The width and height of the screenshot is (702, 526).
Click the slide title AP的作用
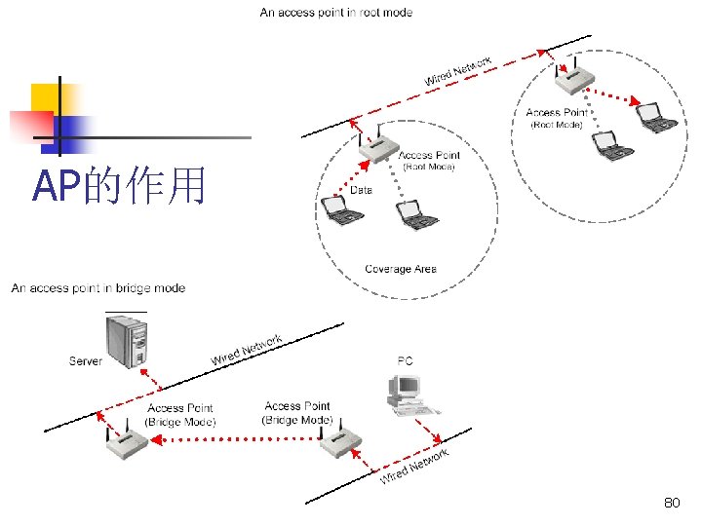[x=119, y=185]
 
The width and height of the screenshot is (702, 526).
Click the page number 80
[x=671, y=503]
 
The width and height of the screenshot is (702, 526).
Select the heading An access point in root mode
[x=336, y=13]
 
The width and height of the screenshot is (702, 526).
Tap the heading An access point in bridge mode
[x=98, y=287]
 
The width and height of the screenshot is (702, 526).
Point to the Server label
[x=86, y=361]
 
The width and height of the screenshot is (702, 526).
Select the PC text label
[x=405, y=361]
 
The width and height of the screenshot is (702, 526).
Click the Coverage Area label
[x=401, y=269]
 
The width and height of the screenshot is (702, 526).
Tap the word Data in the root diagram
[x=361, y=189]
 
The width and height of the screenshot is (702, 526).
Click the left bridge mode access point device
[x=127, y=442]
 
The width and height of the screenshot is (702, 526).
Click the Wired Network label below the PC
[x=414, y=466]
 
